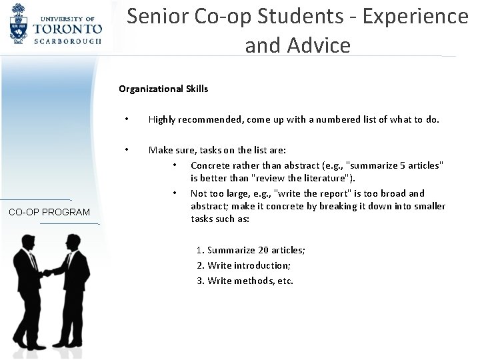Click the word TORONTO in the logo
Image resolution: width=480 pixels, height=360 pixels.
tap(69, 29)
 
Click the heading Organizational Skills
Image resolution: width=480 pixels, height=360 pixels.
tap(163, 88)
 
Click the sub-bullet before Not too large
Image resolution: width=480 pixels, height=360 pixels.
tap(173, 193)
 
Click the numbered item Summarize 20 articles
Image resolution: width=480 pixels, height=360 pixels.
tap(251, 250)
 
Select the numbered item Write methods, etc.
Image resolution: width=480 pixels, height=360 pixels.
tap(245, 281)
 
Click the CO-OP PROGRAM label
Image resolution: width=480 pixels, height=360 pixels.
tap(50, 212)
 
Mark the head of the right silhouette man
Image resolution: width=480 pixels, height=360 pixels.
tap(71, 241)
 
